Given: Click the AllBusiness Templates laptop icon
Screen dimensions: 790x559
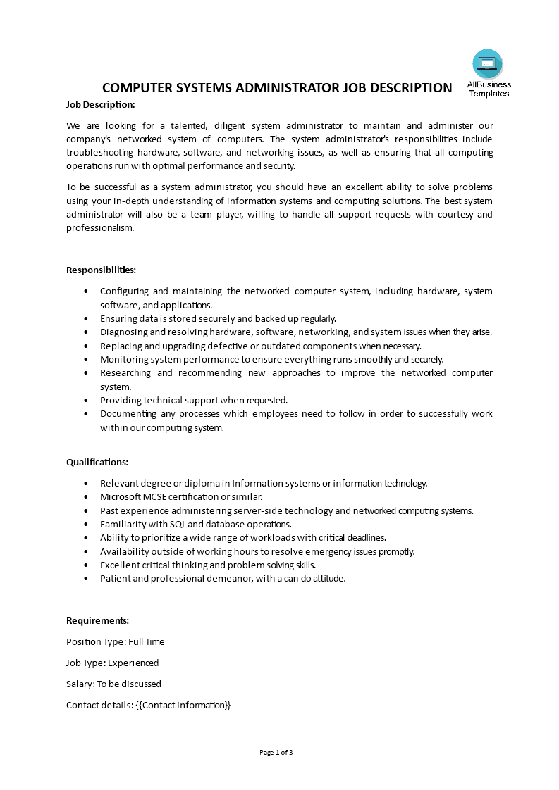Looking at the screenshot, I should pos(488,64).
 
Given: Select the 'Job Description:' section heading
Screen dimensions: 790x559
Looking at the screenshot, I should pos(100,104).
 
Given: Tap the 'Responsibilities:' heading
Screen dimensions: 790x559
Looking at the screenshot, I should pos(101,270).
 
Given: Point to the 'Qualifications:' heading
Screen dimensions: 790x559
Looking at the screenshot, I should pos(97,462).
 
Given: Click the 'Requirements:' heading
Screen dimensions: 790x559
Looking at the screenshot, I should pos(97,620).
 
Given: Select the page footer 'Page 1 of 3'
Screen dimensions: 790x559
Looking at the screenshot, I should pos(276,752).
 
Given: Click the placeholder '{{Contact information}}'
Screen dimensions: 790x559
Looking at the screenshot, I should pos(183,705).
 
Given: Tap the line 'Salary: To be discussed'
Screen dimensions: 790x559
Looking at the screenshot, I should pos(113,684).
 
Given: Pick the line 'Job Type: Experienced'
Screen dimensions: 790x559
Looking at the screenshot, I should pos(112,663).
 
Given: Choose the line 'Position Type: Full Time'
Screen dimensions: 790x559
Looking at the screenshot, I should pos(115,641).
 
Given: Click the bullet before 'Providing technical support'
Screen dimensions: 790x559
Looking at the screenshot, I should pos(86,400).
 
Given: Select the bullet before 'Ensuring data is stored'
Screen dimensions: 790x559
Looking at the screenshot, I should pos(86,318).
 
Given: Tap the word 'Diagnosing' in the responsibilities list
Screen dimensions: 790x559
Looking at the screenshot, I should pos(123,332).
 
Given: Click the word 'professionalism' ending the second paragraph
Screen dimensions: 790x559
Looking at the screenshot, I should pos(99,227).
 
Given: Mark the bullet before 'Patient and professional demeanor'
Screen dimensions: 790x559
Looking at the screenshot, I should pos(86,579).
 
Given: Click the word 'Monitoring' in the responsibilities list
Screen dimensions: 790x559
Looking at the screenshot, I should pos(123,359).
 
